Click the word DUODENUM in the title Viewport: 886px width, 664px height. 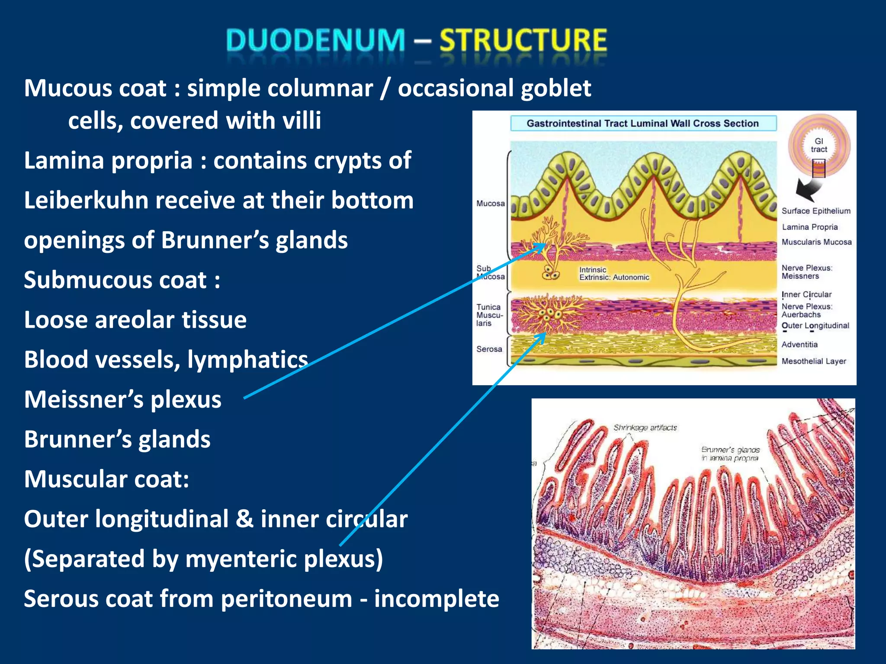315,40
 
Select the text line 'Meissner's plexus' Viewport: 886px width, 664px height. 123,399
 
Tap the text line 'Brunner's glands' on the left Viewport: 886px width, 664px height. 117,439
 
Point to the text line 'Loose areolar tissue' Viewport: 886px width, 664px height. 135,320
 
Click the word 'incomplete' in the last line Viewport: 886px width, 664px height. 437,599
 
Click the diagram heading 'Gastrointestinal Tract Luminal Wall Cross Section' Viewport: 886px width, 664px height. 642,124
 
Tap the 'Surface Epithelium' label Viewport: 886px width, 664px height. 815,211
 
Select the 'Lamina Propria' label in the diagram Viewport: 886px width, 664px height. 809,227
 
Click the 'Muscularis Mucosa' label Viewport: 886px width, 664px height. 816,242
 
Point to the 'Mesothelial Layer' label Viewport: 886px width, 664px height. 813,361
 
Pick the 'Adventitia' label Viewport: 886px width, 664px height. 799,345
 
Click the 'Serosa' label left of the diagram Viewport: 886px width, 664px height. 489,349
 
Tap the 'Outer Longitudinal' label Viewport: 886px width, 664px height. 815,326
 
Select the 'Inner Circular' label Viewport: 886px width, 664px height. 806,294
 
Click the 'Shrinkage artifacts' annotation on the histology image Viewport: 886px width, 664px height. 645,428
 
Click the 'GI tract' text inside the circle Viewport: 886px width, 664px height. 819,145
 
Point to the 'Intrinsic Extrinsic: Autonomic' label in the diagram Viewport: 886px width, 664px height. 614,274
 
